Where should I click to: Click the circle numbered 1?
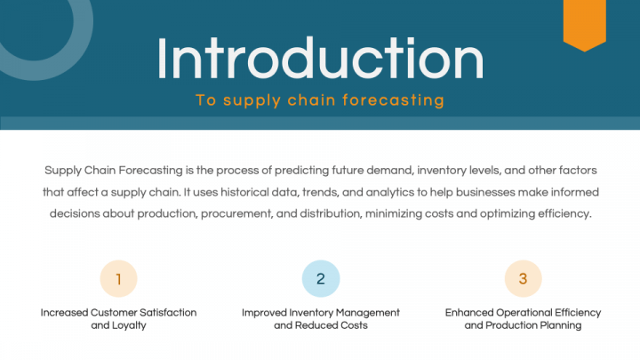[118, 279]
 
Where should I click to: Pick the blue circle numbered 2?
[321, 279]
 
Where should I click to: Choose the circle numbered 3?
[523, 279]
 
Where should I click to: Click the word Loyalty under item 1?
[130, 326]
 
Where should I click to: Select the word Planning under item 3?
[560, 326]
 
